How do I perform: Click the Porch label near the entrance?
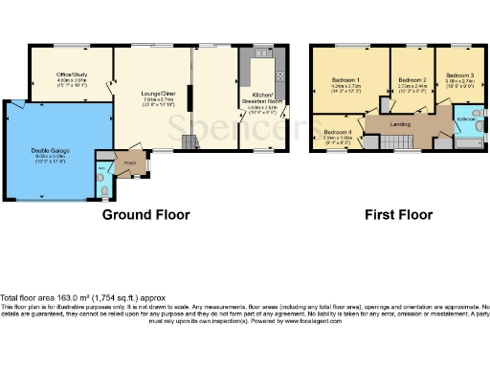128,161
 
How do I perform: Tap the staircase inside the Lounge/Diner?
188,141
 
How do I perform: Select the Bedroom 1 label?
345,79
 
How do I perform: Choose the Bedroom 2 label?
412,79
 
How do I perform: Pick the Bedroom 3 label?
458,75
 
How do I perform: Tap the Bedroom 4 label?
337,131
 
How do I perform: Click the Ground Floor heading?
146,215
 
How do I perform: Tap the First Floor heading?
393,215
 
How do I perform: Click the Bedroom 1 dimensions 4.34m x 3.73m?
345,86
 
